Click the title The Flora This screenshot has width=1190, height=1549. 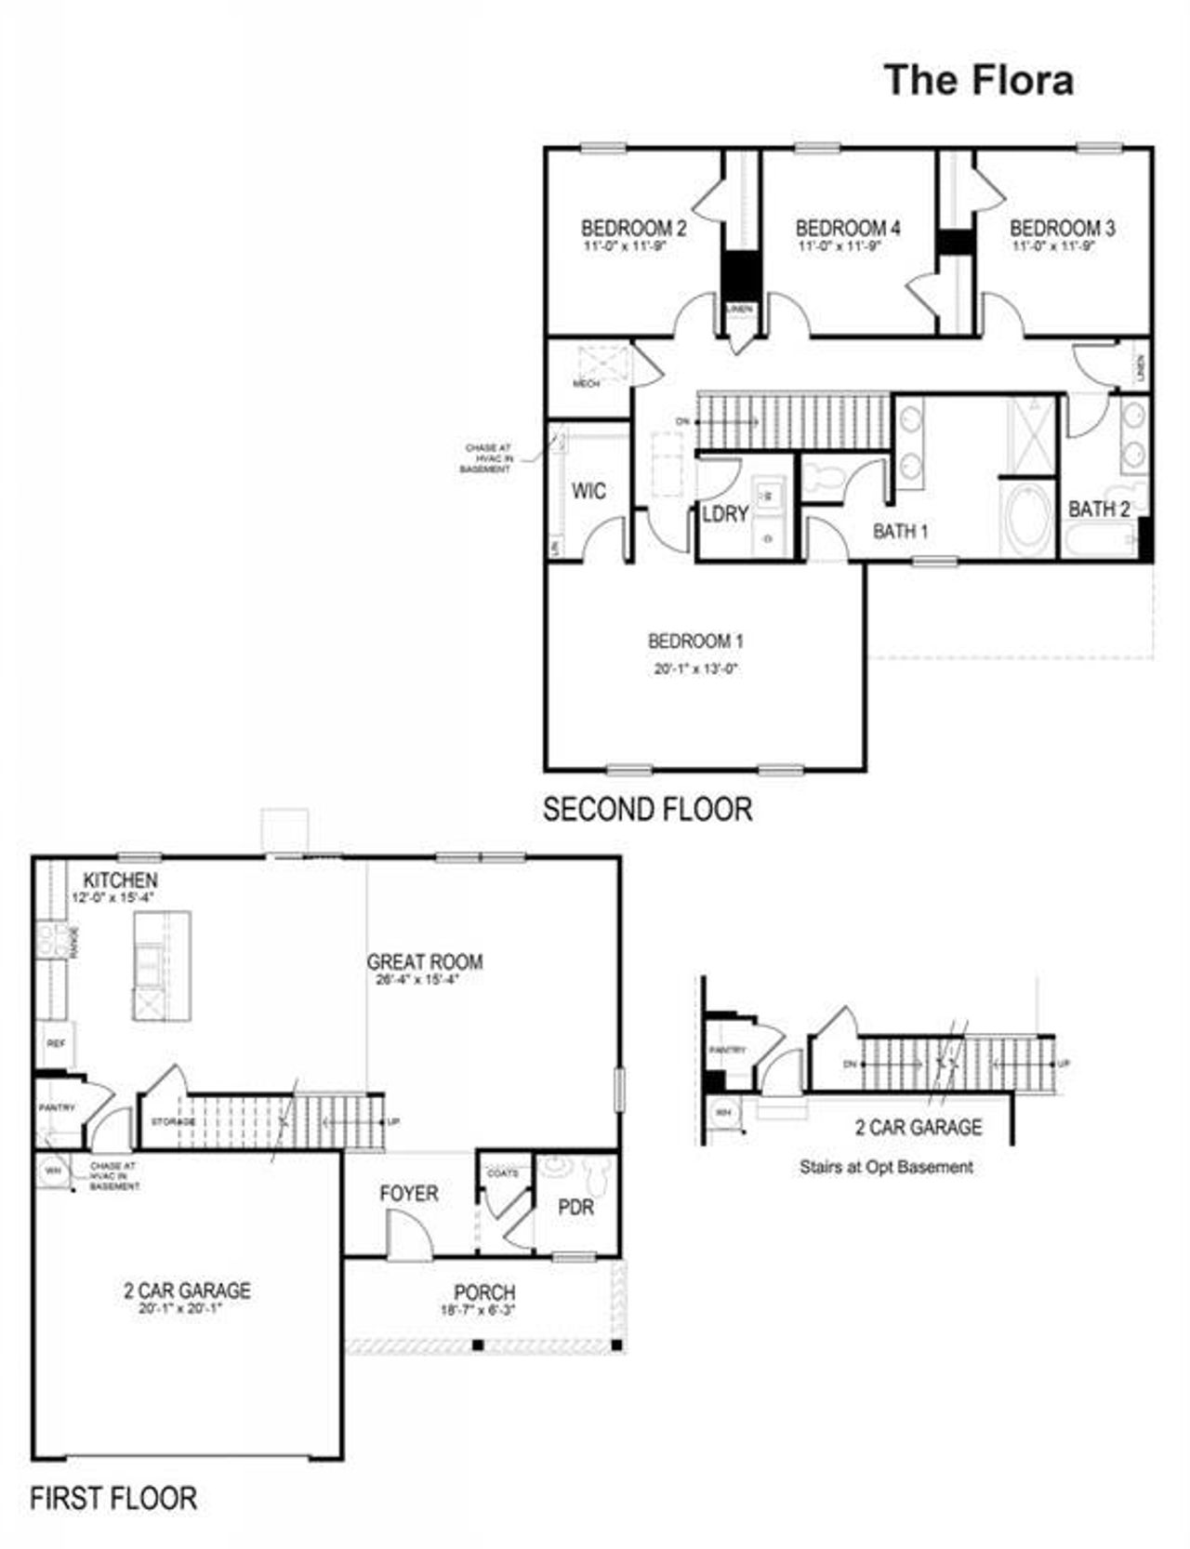[x=978, y=80]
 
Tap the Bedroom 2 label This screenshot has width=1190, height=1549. [x=633, y=228]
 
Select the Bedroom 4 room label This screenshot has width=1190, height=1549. [x=847, y=228]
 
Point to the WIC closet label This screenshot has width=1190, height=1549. [x=588, y=491]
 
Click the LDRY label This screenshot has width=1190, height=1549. [x=725, y=514]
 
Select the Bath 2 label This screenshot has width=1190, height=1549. [x=1099, y=510]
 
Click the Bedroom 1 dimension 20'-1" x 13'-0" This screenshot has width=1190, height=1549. [x=695, y=669]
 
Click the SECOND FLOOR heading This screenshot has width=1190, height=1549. [x=647, y=809]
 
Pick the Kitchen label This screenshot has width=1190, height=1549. [x=120, y=880]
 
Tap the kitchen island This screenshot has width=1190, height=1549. [x=162, y=966]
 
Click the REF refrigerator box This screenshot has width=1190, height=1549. [x=55, y=1044]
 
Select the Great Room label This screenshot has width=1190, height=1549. [x=424, y=961]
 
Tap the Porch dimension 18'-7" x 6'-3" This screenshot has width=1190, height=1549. [x=478, y=1310]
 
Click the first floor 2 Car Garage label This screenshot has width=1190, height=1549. [x=187, y=1290]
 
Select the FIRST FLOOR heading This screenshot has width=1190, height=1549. [x=113, y=1498]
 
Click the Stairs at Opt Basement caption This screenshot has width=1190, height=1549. [x=886, y=1166]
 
